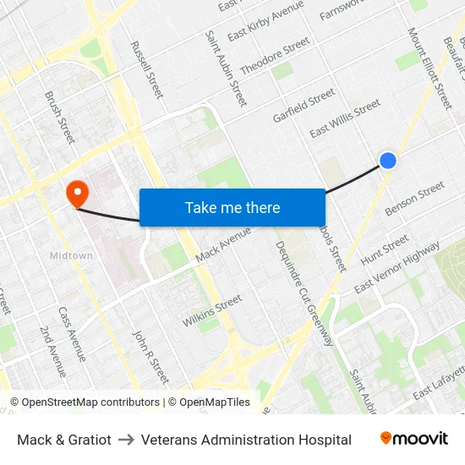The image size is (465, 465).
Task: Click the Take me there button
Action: pyautogui.click(x=232, y=207)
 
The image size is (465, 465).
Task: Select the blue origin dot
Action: pyautogui.click(x=388, y=160)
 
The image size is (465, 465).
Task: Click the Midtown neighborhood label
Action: pyautogui.click(x=71, y=255)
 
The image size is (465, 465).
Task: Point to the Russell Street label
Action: pyautogui.click(x=147, y=69)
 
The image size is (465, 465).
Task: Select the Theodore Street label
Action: pyautogui.click(x=275, y=57)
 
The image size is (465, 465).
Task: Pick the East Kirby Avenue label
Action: pyautogui.click(x=265, y=19)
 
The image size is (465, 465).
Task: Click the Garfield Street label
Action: pyautogui.click(x=304, y=107)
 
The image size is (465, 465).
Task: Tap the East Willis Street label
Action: pyautogui.click(x=345, y=119)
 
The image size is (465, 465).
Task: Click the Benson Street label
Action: pyautogui.click(x=414, y=199)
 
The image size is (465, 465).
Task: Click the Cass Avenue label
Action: pyautogui.click(x=73, y=333)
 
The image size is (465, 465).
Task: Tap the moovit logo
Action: pyautogui.click(x=414, y=439)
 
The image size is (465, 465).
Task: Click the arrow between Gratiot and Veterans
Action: pyautogui.click(x=126, y=440)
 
